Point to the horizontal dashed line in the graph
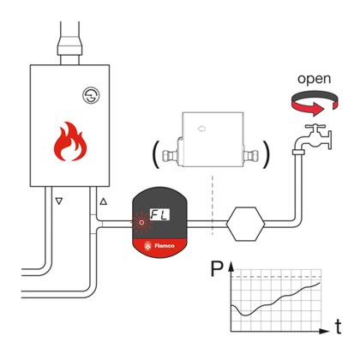(x=274, y=278)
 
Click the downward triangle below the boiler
(x=58, y=203)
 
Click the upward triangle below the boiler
(x=104, y=202)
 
